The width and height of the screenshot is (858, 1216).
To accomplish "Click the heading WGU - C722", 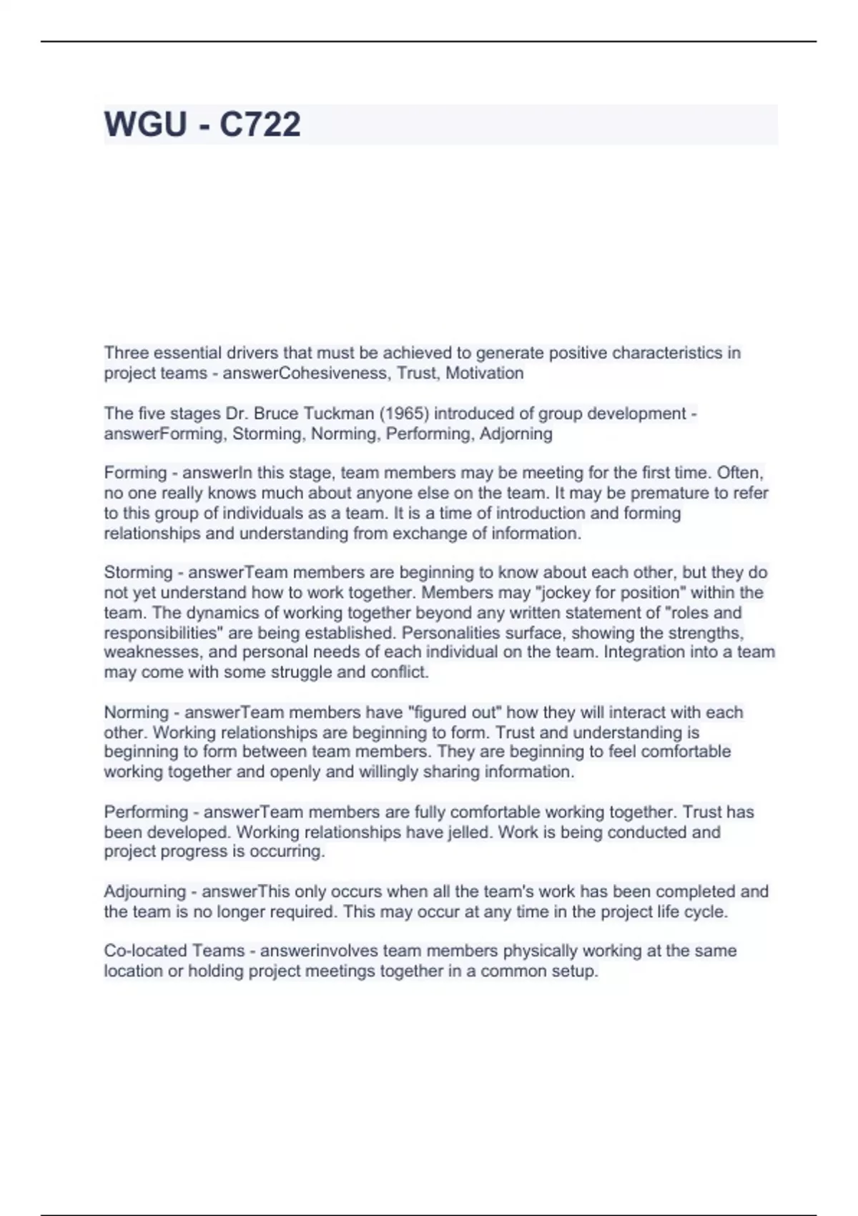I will (x=202, y=124).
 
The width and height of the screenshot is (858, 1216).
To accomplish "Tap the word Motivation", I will (x=485, y=373).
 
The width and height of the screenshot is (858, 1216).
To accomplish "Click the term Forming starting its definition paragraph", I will (x=135, y=473).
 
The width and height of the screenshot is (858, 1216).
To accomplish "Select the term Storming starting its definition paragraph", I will (x=138, y=572).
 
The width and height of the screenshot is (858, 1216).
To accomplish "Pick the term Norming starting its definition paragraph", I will (x=136, y=712).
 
